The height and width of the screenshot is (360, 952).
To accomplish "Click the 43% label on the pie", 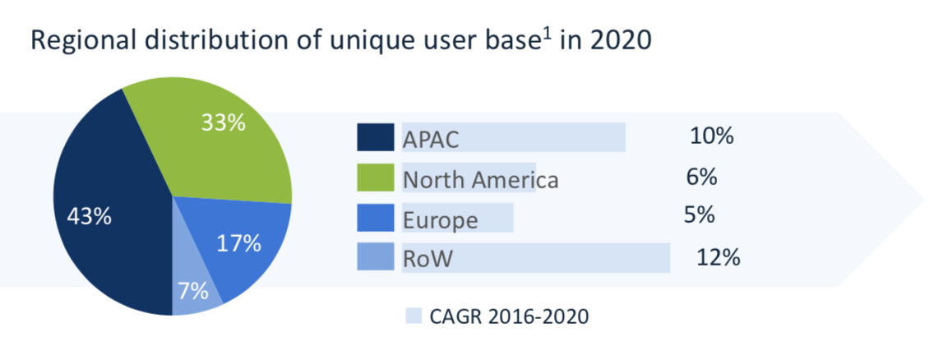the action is click(89, 217).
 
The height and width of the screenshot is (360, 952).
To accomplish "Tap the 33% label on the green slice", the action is click(224, 123).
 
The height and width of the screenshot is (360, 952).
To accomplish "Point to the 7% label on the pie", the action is click(193, 291).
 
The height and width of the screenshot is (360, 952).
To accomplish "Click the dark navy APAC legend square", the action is click(372, 137).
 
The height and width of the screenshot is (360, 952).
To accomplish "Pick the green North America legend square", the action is click(372, 178).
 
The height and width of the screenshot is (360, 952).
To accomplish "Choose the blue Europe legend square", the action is click(372, 217).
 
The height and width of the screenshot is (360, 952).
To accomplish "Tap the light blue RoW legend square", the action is click(372, 257).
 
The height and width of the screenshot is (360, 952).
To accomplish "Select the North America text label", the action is click(480, 180).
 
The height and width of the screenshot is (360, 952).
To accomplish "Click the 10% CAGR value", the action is click(712, 136).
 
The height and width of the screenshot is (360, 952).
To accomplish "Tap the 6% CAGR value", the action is click(701, 177).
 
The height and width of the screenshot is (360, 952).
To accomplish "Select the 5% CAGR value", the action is click(699, 215).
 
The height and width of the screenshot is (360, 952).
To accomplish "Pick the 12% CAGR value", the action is click(719, 257).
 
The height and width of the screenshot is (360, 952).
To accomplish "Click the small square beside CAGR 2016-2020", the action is click(414, 316).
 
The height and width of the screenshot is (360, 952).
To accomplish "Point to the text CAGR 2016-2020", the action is click(509, 316).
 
